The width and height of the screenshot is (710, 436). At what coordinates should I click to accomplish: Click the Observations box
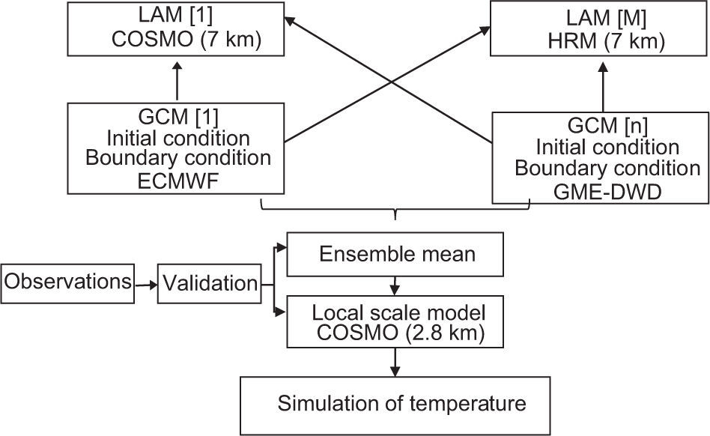pos(66,282)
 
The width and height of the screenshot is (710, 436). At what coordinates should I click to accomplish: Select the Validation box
pos(208,283)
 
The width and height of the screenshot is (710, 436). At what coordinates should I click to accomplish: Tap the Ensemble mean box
pos(396,254)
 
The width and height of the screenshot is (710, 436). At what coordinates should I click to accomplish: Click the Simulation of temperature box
pos(401,404)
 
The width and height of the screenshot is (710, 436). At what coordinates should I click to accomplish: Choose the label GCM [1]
pos(177,118)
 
